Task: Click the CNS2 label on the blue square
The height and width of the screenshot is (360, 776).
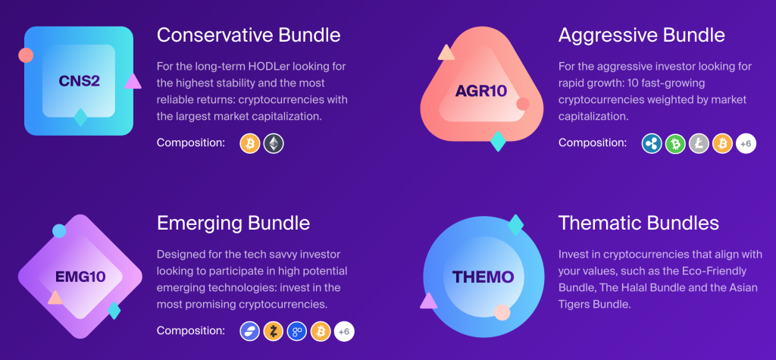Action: (x=79, y=80)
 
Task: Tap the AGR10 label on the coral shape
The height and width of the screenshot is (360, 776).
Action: (x=481, y=91)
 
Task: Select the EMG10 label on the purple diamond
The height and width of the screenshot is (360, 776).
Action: (x=80, y=277)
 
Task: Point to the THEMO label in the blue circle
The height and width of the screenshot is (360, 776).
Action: (x=483, y=277)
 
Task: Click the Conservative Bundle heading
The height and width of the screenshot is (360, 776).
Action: (x=249, y=35)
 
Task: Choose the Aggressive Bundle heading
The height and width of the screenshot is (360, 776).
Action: (x=641, y=35)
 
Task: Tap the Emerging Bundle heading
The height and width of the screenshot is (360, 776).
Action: (x=233, y=223)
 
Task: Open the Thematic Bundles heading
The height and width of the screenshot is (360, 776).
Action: (x=638, y=223)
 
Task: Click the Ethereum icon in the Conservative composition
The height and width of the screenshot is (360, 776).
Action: (x=273, y=143)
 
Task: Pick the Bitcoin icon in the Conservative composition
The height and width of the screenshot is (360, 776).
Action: (x=250, y=143)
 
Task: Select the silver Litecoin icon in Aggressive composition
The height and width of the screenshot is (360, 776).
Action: (x=699, y=143)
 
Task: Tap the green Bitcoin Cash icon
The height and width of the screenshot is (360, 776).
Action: (x=675, y=143)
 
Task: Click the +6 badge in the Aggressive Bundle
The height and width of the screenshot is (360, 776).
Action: (x=746, y=143)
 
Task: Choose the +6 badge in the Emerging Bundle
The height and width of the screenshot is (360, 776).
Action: (x=344, y=332)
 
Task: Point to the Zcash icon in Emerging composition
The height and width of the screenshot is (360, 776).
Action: (x=273, y=332)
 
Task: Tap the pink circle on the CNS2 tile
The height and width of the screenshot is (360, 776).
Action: (x=26, y=55)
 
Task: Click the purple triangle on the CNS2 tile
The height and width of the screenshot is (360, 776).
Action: (x=133, y=81)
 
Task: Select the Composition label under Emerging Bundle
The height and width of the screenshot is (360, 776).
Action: (x=190, y=330)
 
